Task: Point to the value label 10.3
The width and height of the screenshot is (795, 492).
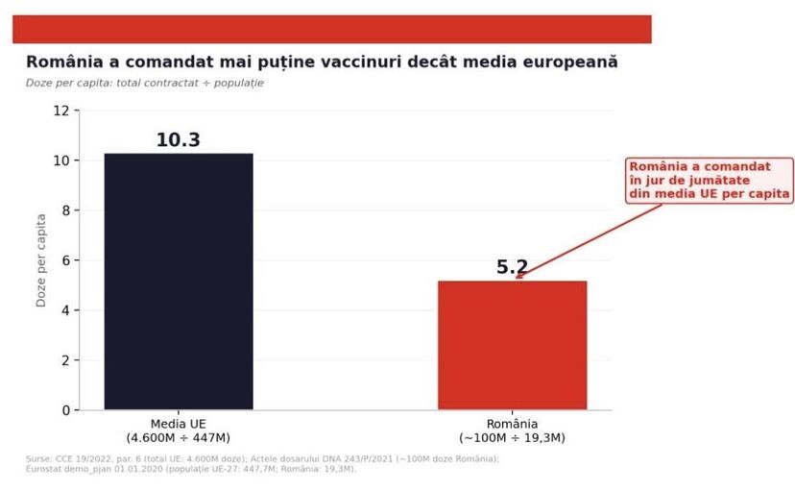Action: [179, 140]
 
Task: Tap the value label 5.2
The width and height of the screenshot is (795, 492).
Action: [512, 267]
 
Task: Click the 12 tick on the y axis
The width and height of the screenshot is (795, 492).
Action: [60, 111]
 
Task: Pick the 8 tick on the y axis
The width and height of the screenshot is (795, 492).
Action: [64, 210]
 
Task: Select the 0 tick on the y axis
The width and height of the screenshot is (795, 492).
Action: [64, 410]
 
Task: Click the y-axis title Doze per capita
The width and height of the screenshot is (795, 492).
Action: [41, 260]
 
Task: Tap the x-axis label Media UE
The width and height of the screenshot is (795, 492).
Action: [179, 424]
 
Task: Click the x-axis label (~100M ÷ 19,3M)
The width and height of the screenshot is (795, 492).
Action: [512, 438]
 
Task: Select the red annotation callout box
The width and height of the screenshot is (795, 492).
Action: [710, 180]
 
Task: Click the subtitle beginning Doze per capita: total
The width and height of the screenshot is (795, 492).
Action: [145, 83]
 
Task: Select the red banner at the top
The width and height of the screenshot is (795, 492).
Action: [331, 29]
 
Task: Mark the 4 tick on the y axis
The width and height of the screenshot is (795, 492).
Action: [64, 310]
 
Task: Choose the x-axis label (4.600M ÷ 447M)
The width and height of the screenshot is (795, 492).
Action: [179, 438]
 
